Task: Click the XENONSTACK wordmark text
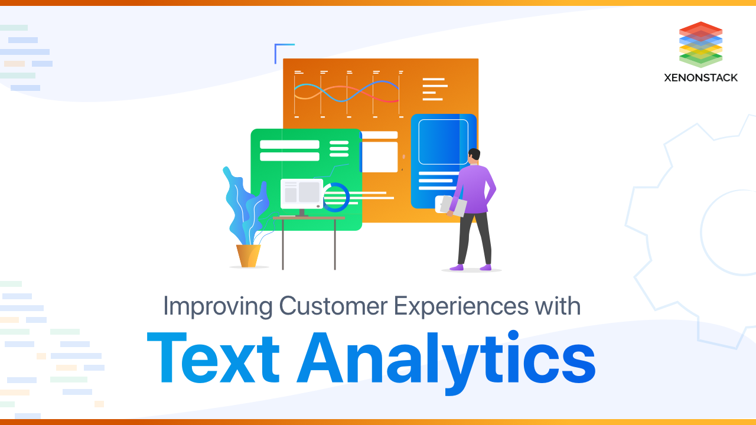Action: click(700, 77)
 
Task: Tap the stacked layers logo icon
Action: click(700, 44)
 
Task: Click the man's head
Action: click(474, 156)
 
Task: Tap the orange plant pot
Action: click(248, 256)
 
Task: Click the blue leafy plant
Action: click(245, 204)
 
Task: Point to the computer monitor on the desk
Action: click(302, 194)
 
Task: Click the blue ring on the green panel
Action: click(336, 197)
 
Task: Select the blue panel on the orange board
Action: click(443, 161)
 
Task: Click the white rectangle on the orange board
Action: click(379, 156)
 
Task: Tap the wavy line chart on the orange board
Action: click(346, 91)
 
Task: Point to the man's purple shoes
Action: click(470, 267)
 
